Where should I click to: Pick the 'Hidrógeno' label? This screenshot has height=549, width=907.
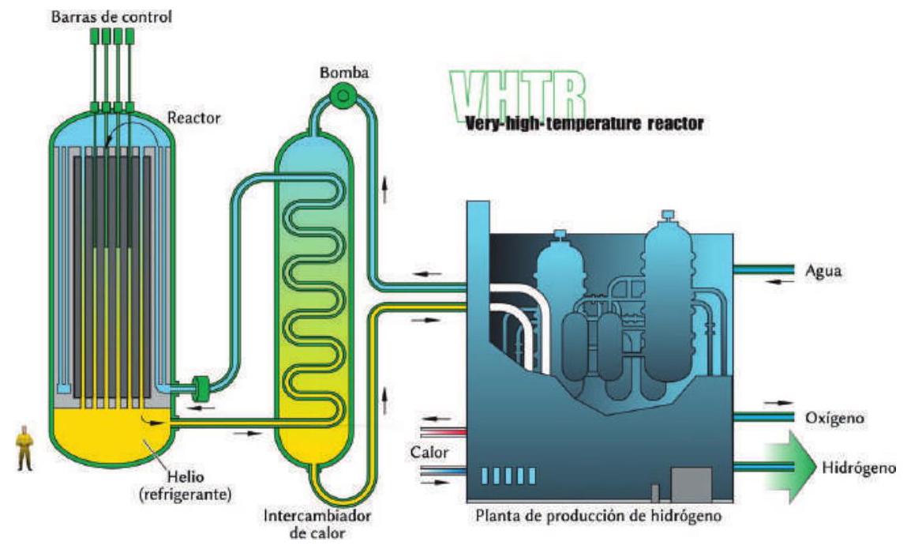click(x=858, y=468)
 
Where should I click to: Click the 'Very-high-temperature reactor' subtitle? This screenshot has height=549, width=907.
click(x=583, y=124)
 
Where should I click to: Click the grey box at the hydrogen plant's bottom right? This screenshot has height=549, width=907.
click(x=691, y=483)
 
